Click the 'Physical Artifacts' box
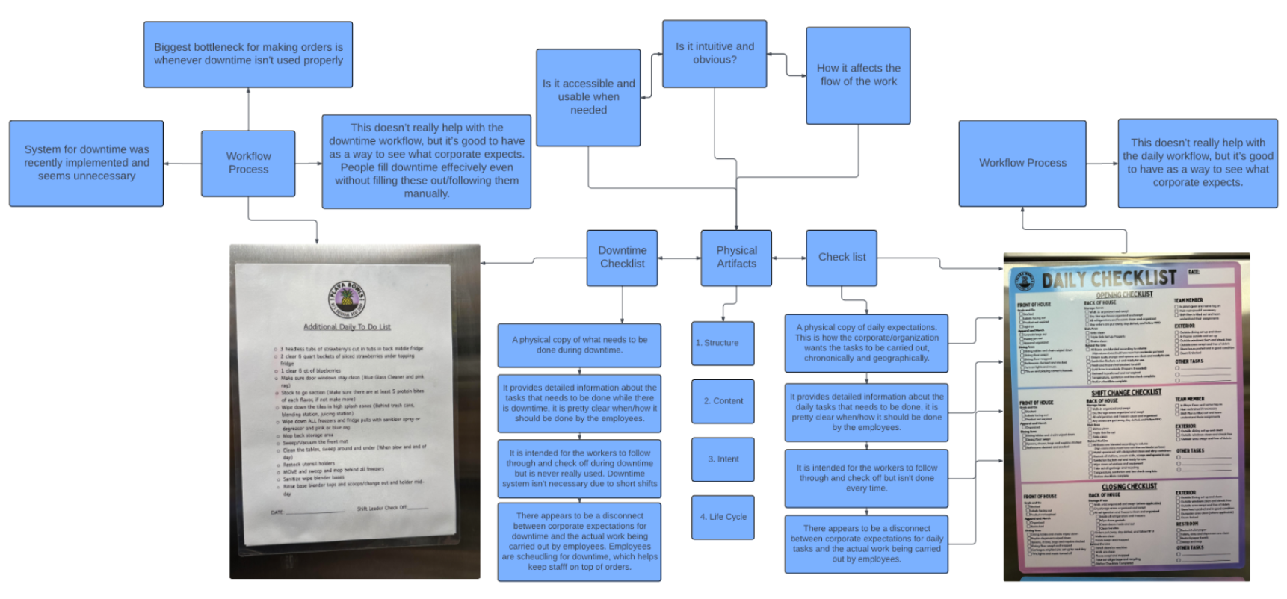pyautogui.click(x=736, y=258)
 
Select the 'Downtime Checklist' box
pyautogui.click(x=622, y=258)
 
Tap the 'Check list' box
pyautogui.click(x=842, y=258)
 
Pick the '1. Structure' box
pyautogui.click(x=722, y=343)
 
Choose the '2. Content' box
pyautogui.click(x=722, y=401)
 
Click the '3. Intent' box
pyautogui.click(x=722, y=459)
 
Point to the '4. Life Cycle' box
pyautogui.click(x=722, y=517)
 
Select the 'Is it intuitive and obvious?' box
pyautogui.click(x=715, y=54)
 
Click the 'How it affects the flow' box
pyautogui.click(x=858, y=75)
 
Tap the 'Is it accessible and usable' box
pyautogui.click(x=588, y=97)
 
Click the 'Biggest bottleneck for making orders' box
pyautogui.click(x=248, y=54)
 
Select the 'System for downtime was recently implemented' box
pyautogui.click(x=86, y=163)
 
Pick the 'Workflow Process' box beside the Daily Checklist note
pyautogui.click(x=1022, y=163)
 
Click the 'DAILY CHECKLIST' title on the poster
pyautogui.click(x=1109, y=280)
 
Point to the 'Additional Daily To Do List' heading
pyautogui.click(x=347, y=327)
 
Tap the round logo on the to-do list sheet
pyautogui.click(x=348, y=299)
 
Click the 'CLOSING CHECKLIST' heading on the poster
pyautogui.click(x=1129, y=487)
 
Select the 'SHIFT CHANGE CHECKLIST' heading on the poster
pyautogui.click(x=1126, y=393)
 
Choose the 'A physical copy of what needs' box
pyautogui.click(x=579, y=345)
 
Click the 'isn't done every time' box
pyautogui.click(x=866, y=478)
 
